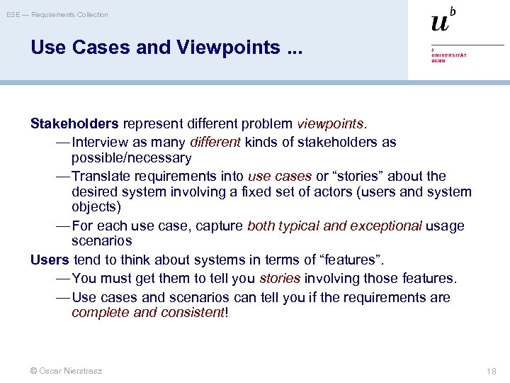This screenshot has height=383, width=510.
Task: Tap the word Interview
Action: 99,142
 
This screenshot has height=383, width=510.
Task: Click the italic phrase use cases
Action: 280,176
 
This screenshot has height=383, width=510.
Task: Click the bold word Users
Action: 50,260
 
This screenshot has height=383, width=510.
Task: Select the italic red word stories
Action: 280,278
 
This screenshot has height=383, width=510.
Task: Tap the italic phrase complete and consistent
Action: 147,312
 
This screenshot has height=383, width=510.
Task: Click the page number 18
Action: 492,371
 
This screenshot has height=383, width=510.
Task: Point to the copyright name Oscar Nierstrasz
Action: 71,371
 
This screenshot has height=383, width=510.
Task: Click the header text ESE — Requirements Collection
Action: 57,14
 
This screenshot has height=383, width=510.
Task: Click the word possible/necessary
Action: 131,157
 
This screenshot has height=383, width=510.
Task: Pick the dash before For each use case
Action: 62,226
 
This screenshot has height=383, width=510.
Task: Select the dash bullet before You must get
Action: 62,278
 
